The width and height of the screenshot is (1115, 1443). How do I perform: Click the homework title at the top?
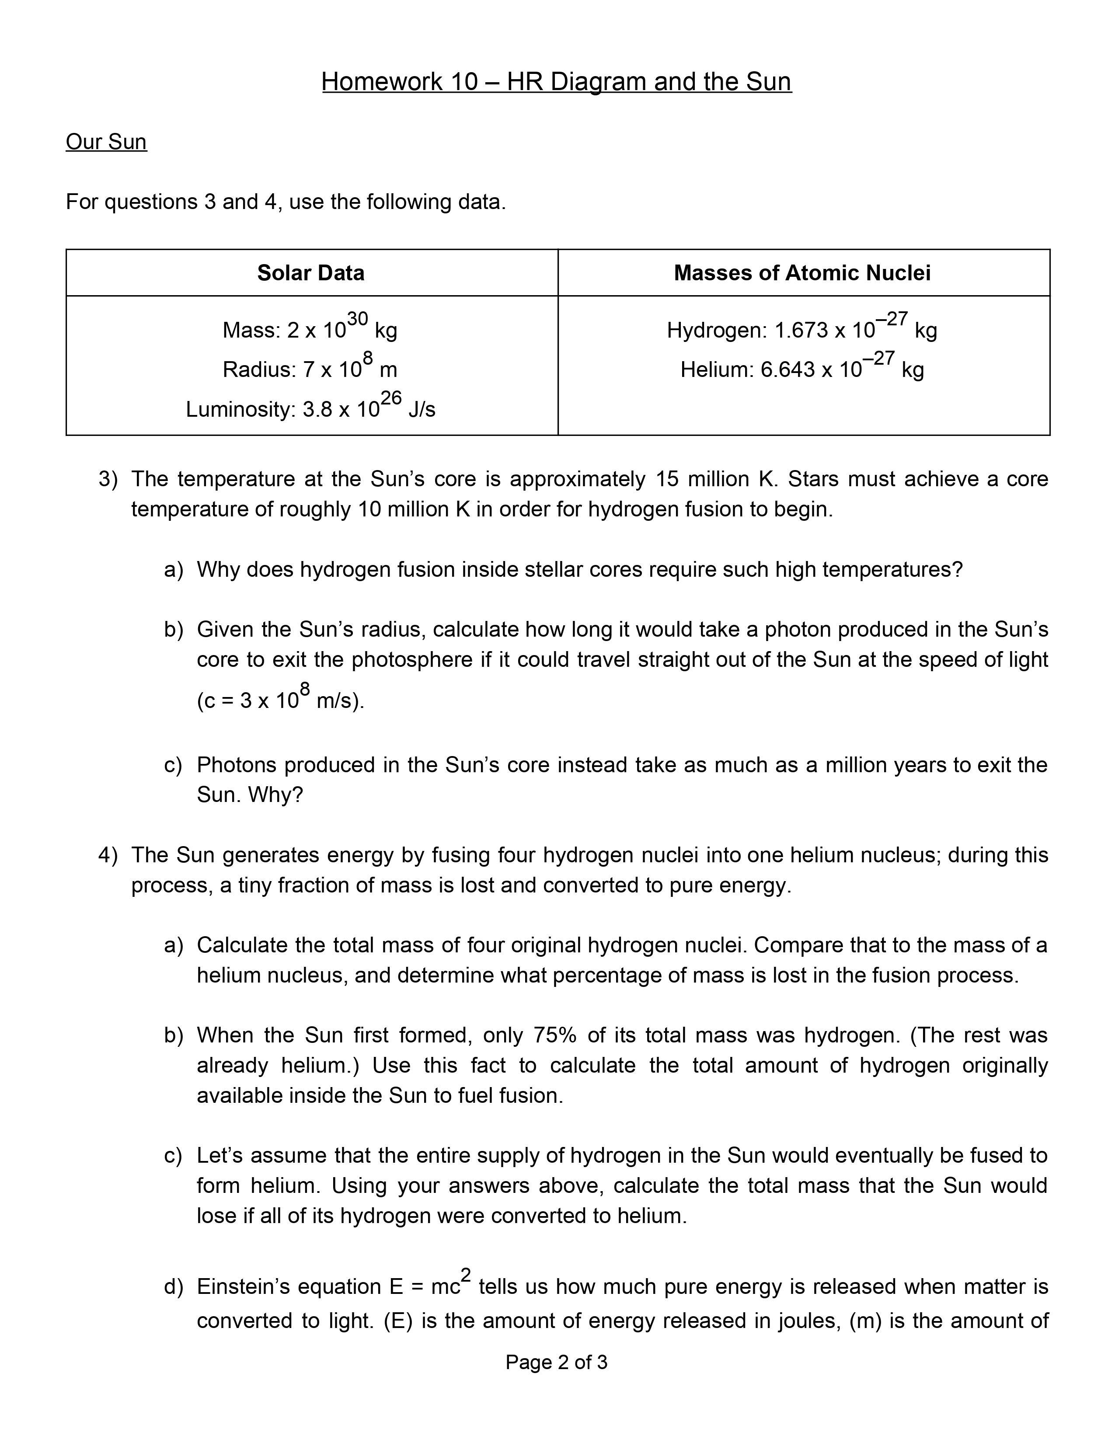point(556,82)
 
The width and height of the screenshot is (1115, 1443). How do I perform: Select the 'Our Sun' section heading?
point(106,142)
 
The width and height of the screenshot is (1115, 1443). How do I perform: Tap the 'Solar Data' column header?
point(310,273)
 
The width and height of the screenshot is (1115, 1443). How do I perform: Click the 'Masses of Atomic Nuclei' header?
point(802,273)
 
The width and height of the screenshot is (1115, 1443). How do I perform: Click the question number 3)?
point(108,479)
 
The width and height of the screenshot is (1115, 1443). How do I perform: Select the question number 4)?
point(108,855)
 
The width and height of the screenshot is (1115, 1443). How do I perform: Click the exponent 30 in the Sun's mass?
point(357,318)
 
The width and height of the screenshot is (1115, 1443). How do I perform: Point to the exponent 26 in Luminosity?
point(391,398)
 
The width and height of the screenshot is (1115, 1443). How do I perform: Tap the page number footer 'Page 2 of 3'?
point(556,1363)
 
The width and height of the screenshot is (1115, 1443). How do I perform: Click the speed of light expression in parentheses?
point(281,700)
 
